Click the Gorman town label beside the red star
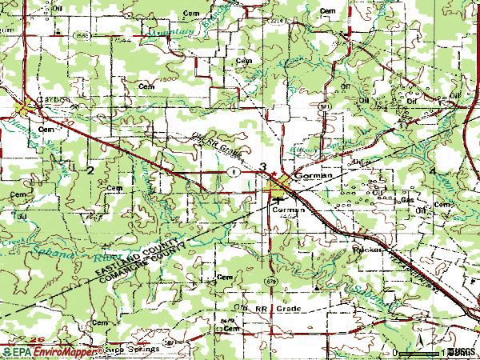click(x=309, y=173)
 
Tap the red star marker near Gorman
click(x=273, y=173)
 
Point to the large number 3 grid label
click(x=263, y=166)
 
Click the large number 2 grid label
click(x=90, y=170)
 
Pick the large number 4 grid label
click(x=433, y=172)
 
